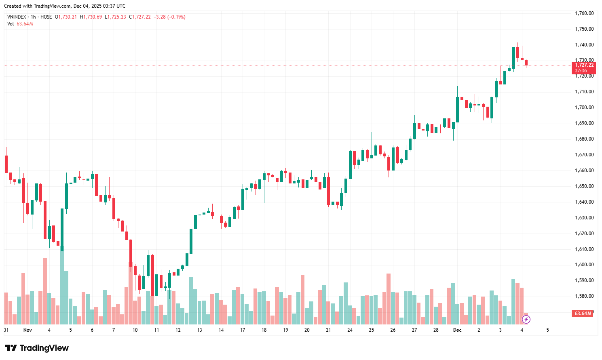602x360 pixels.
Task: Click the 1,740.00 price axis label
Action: click(584, 45)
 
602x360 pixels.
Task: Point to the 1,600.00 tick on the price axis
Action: click(584, 265)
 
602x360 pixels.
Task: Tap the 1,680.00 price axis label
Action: click(584, 139)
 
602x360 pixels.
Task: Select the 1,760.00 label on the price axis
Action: click(584, 13)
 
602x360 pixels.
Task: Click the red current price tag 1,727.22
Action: click(584, 65)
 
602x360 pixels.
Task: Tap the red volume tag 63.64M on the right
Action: click(583, 314)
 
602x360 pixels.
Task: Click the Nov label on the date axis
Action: click(27, 330)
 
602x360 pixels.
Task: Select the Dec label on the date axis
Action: click(457, 330)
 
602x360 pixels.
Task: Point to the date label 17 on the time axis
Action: click(243, 330)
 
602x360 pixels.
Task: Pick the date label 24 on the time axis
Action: click(350, 330)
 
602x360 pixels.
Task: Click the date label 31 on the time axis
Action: click(6, 330)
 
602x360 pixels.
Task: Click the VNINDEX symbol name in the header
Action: click(17, 17)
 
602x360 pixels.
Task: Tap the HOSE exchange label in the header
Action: click(46, 17)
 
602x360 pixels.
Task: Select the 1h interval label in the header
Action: click(34, 17)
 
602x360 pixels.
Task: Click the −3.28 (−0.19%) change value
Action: click(169, 17)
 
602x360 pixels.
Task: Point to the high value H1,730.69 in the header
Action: click(91, 17)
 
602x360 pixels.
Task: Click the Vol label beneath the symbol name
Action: click(11, 24)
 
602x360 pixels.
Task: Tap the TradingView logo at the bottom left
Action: click(37, 348)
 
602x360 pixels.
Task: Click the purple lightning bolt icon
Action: click(526, 320)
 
